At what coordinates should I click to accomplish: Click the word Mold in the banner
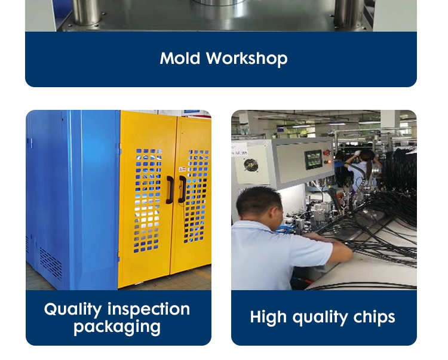pyautogui.click(x=180, y=59)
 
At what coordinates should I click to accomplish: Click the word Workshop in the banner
pyautogui.click(x=247, y=59)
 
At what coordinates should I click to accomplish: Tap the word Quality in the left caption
pyautogui.click(x=73, y=309)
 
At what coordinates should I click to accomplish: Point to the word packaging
pyautogui.click(x=117, y=327)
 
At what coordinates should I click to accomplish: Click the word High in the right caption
pyautogui.click(x=268, y=318)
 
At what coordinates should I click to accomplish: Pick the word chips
pyautogui.click(x=374, y=317)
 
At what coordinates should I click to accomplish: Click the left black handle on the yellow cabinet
pyautogui.click(x=170, y=190)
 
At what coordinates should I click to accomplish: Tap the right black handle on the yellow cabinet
pyautogui.click(x=182, y=189)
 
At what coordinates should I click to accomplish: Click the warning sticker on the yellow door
pyautogui.click(x=182, y=170)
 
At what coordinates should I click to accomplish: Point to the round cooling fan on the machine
pyautogui.click(x=251, y=165)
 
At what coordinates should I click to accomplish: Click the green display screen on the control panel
pyautogui.click(x=314, y=159)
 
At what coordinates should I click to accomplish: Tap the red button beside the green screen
pyautogui.click(x=326, y=153)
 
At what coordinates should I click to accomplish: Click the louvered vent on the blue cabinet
pyautogui.click(x=51, y=263)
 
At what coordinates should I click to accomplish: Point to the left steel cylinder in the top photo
pyautogui.click(x=85, y=12)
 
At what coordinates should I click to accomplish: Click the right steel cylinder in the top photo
pyautogui.click(x=349, y=14)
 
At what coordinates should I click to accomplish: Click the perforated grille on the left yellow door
pyautogui.click(x=148, y=201)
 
